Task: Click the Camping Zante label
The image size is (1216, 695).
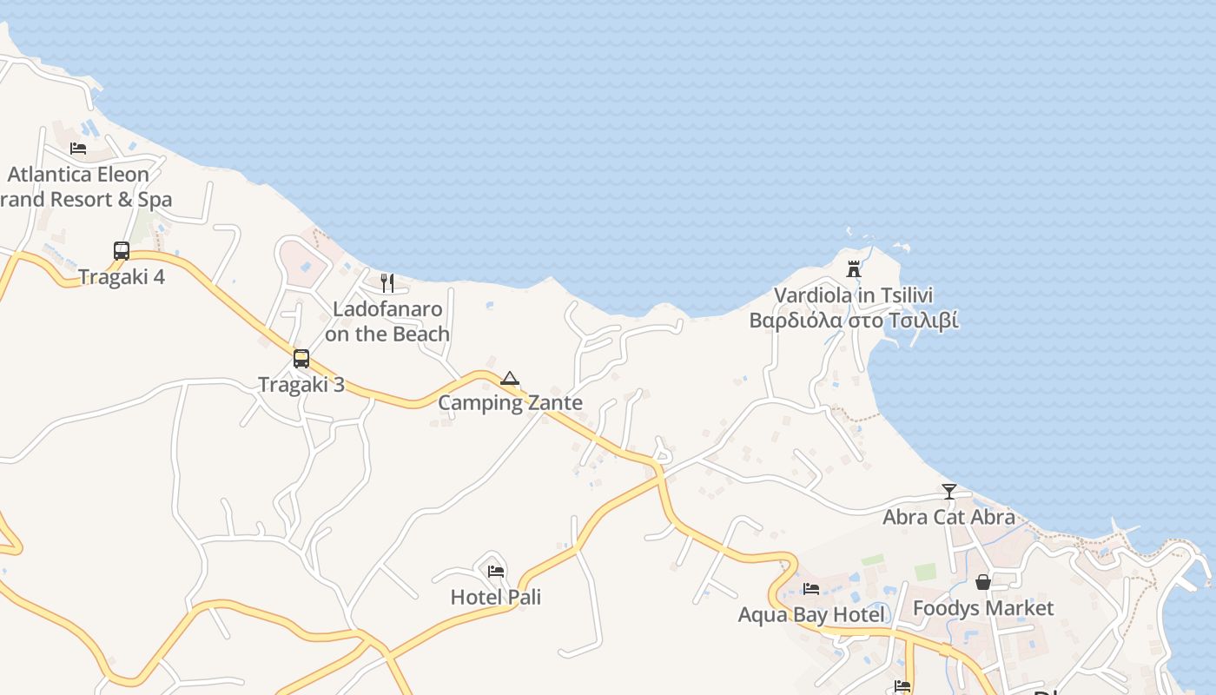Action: (510, 403)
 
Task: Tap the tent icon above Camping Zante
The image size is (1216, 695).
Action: (510, 378)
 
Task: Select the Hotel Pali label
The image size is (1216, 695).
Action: (496, 598)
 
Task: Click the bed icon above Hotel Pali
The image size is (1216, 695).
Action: (496, 572)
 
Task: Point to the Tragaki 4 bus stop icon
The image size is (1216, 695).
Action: (122, 251)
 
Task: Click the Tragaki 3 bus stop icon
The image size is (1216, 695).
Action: (301, 359)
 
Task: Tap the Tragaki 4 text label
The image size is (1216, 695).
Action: (122, 277)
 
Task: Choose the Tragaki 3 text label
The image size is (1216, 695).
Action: (301, 385)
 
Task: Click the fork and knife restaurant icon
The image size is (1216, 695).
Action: (387, 282)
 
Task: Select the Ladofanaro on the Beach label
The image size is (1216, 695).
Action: (387, 321)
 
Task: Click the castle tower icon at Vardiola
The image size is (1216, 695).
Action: (854, 269)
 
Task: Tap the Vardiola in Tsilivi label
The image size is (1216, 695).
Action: (854, 295)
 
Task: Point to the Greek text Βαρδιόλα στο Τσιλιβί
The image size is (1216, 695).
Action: (854, 321)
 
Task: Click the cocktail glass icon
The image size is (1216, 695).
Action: (949, 492)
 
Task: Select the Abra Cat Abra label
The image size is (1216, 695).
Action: (949, 518)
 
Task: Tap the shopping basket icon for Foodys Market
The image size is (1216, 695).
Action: (983, 582)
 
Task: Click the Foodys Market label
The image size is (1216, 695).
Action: (983, 608)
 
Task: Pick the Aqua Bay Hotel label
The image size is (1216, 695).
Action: (811, 615)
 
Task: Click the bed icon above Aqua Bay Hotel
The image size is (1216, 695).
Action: (811, 589)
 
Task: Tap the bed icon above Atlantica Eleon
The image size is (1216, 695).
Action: (78, 149)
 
